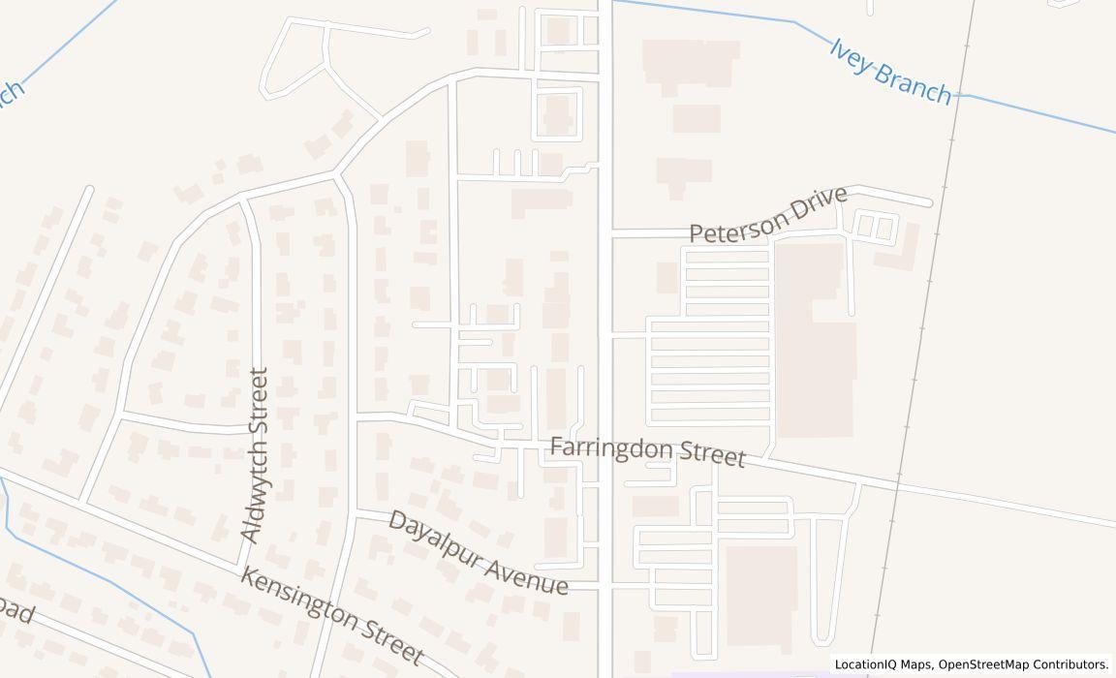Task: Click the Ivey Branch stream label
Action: pyautogui.click(x=890, y=72)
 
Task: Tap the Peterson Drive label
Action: pyautogui.click(x=768, y=215)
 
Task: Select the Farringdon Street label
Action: pyautogui.click(x=648, y=451)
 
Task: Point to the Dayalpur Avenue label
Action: pyautogui.click(x=478, y=552)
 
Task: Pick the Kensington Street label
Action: pyautogui.click(x=331, y=617)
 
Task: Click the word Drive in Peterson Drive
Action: pyautogui.click(x=816, y=202)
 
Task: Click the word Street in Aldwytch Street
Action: pyautogui.click(x=258, y=401)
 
